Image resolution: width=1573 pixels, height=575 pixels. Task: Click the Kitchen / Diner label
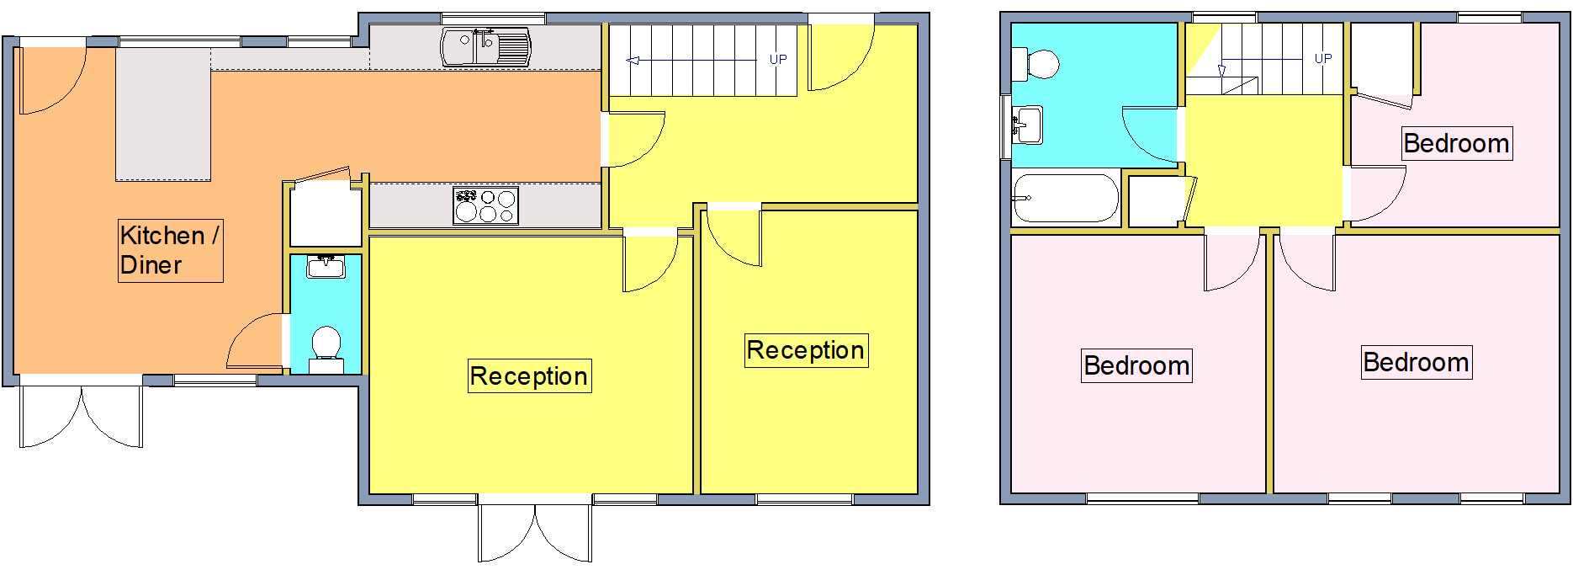pos(170,250)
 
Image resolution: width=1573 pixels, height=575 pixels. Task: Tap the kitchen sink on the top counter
pos(486,47)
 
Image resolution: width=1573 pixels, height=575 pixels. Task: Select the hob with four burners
pos(485,205)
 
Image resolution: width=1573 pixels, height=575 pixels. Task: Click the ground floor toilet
pos(326,345)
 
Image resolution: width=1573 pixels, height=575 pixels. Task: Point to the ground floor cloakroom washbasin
pos(326,267)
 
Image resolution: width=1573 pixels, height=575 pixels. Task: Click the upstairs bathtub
pos(1065,199)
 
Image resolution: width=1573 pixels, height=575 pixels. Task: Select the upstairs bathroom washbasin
pos(1027,125)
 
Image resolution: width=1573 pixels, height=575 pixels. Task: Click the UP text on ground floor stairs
pos(778,60)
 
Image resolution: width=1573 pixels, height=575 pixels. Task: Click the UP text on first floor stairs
pos(1323,59)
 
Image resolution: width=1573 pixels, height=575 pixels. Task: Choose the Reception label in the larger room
pos(529,376)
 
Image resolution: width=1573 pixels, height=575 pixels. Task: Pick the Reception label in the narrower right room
pos(806,350)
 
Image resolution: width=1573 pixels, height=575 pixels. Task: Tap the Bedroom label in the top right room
pos(1456,143)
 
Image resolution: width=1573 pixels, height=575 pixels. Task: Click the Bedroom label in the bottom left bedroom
pos(1136,365)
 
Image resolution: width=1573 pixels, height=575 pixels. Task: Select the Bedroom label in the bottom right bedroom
pos(1416,362)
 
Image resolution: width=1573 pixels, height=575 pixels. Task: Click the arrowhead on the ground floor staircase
pos(633,61)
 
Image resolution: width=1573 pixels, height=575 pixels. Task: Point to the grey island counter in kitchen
pos(163,114)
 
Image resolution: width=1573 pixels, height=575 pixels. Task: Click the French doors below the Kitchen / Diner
pos(82,415)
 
